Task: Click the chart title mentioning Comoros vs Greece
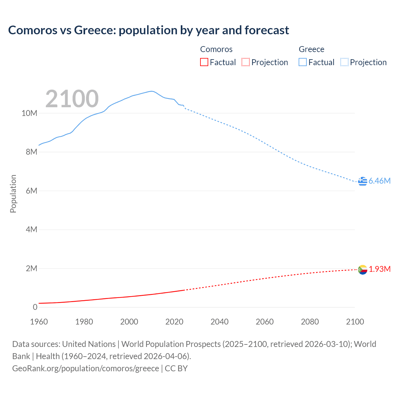pos(148,30)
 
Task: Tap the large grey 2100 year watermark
pos(72,99)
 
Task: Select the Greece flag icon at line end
pos(363,181)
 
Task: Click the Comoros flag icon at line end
pos(363,269)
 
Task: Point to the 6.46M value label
pos(379,181)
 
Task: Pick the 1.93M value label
pos(380,269)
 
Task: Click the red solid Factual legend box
pos(204,62)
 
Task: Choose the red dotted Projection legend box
pos(246,62)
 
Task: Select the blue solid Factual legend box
pos(303,62)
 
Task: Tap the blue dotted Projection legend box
pos(344,62)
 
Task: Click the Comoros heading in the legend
pos(216,49)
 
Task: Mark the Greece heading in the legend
pos(311,49)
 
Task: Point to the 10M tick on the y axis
pos(29,113)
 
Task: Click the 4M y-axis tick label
pos(31,230)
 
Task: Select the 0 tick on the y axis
pos(35,307)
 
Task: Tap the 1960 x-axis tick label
pos(39,322)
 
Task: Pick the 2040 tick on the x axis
pos(219,322)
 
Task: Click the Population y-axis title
pos(13,194)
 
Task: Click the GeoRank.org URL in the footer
pos(85,368)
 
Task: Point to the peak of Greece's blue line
pos(151,91)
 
